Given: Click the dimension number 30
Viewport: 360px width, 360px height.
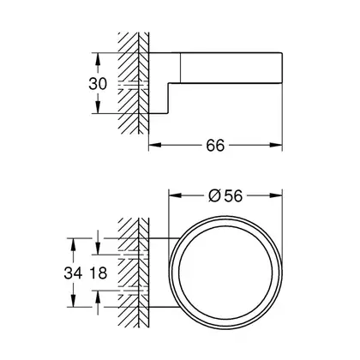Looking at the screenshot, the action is tap(98, 84).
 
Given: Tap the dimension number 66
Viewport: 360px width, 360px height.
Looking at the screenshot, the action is tap(215, 146).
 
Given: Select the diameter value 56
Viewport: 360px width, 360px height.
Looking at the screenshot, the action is tap(233, 196).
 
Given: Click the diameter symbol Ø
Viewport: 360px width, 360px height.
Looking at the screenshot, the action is tap(215, 196).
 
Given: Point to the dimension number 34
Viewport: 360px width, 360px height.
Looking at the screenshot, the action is tap(73, 273).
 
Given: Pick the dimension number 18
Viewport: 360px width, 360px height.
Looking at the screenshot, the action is tap(98, 273).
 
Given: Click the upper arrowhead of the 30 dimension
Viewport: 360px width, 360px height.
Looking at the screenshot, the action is tap(98, 59).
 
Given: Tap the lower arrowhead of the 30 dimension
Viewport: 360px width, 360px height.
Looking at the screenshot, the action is tap(98, 107).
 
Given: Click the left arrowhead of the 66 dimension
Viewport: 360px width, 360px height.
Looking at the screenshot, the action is tap(155, 145).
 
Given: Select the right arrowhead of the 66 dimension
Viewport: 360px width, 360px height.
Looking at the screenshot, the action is tap(276, 145).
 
